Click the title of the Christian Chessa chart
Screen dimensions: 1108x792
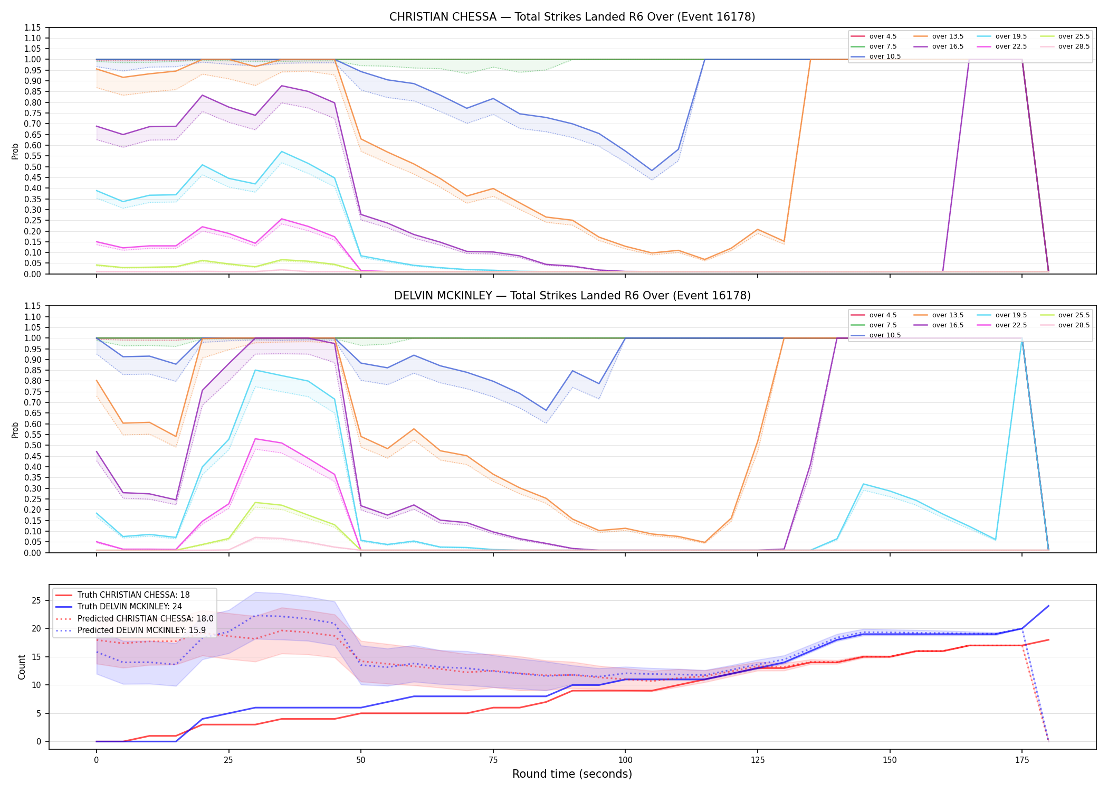click(x=572, y=17)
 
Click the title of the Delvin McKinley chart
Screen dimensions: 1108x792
click(x=572, y=296)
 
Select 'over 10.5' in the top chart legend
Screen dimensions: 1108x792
click(x=885, y=56)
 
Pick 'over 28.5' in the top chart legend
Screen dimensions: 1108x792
click(x=1074, y=46)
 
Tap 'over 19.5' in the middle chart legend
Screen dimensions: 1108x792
click(x=1011, y=315)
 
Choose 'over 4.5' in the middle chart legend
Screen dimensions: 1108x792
click(x=883, y=315)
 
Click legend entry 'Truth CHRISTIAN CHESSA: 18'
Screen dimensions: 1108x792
click(x=133, y=595)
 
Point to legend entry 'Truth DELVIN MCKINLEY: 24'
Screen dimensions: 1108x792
click(x=129, y=607)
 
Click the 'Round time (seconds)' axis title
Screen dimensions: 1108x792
click(x=572, y=774)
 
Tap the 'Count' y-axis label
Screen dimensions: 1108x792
click(x=22, y=667)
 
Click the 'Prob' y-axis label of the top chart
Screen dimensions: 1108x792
click(x=15, y=151)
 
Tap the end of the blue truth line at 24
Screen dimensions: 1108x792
click(x=1048, y=606)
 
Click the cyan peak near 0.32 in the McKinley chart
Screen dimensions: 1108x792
click(x=863, y=484)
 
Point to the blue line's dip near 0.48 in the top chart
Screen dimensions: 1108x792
click(x=652, y=171)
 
